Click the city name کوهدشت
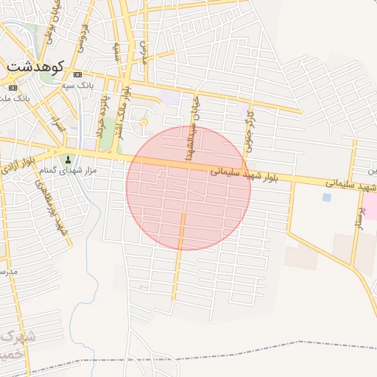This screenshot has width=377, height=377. (35, 66)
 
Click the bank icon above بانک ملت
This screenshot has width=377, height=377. (13, 88)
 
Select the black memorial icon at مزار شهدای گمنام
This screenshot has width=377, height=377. (68, 159)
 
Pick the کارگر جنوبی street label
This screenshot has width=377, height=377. (250, 130)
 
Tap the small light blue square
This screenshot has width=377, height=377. (326, 197)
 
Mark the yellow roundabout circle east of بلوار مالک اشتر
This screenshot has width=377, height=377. (144, 121)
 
